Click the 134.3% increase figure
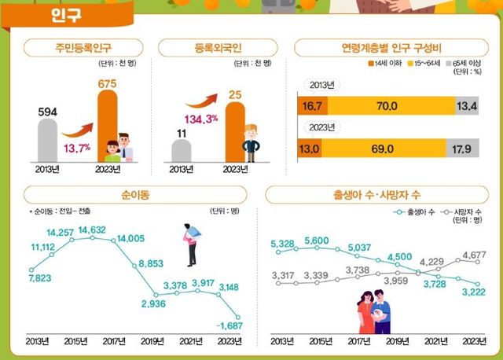[202, 119]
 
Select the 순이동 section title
[130, 193]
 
